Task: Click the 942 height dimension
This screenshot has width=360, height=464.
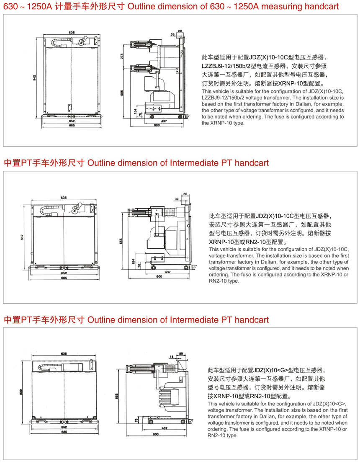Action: tap(35, 77)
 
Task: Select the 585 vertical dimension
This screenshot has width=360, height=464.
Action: tap(122, 93)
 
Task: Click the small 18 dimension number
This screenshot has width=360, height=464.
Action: tap(172, 356)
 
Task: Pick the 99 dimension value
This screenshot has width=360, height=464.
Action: tap(180, 354)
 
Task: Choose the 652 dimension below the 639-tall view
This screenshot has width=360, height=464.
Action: tap(64, 427)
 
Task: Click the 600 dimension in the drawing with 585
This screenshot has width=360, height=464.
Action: tap(157, 125)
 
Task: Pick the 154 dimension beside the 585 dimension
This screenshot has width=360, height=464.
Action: tap(135, 111)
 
